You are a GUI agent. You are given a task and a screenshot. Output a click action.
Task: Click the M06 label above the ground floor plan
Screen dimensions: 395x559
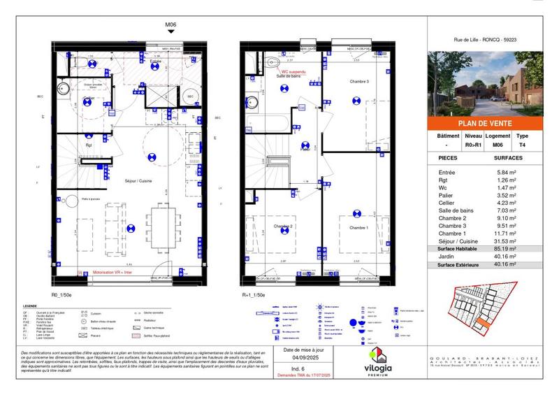point(170,25)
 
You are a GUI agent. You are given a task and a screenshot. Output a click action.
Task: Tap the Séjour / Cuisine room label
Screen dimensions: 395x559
point(139,181)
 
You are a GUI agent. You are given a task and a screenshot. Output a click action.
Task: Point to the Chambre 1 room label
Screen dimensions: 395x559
point(358,228)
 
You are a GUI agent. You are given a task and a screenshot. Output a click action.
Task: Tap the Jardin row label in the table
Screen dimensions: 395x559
point(447,257)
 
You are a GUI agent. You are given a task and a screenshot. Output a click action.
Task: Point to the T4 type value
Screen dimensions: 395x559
point(522,145)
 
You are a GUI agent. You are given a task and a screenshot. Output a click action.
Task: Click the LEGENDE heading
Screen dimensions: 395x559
point(30,306)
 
